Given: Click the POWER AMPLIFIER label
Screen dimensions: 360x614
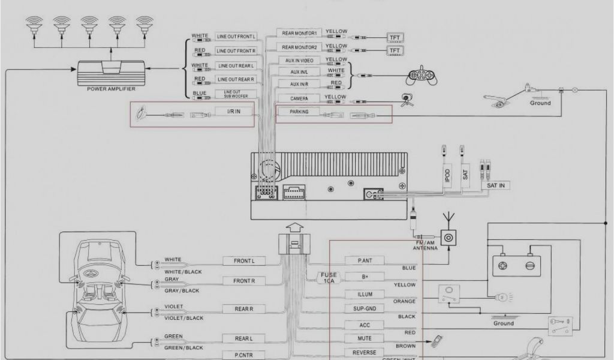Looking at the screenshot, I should coord(111,89).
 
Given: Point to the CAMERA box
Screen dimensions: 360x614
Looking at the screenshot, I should coord(299,98).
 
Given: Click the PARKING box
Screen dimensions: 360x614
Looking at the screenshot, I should coord(299,112).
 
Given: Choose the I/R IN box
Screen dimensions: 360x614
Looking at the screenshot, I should coord(233,112).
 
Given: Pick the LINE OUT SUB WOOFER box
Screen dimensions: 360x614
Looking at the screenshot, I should coord(236,94).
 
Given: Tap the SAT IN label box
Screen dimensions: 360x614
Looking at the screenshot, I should coord(495,186).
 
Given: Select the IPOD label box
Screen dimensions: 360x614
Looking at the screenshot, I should coord(447,175).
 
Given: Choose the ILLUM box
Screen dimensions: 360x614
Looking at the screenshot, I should coord(365,295).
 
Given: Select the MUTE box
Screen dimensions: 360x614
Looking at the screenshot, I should coord(365,339).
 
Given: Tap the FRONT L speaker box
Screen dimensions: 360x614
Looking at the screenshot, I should coord(245,261).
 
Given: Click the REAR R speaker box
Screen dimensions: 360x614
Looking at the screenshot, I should coord(244,309).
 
